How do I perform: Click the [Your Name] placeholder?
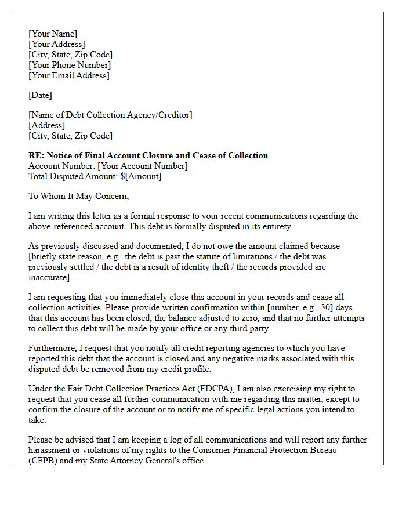click(53, 34)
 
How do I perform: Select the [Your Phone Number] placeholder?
click(70, 65)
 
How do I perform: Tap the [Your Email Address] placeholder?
click(68, 75)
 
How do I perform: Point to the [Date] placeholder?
click(40, 95)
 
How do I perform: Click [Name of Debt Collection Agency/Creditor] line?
click(110, 115)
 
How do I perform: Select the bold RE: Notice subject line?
click(148, 155)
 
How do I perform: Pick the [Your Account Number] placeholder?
click(143, 166)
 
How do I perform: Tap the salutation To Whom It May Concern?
click(78, 196)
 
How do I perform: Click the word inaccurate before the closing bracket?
click(49, 277)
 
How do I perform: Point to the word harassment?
click(50, 450)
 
